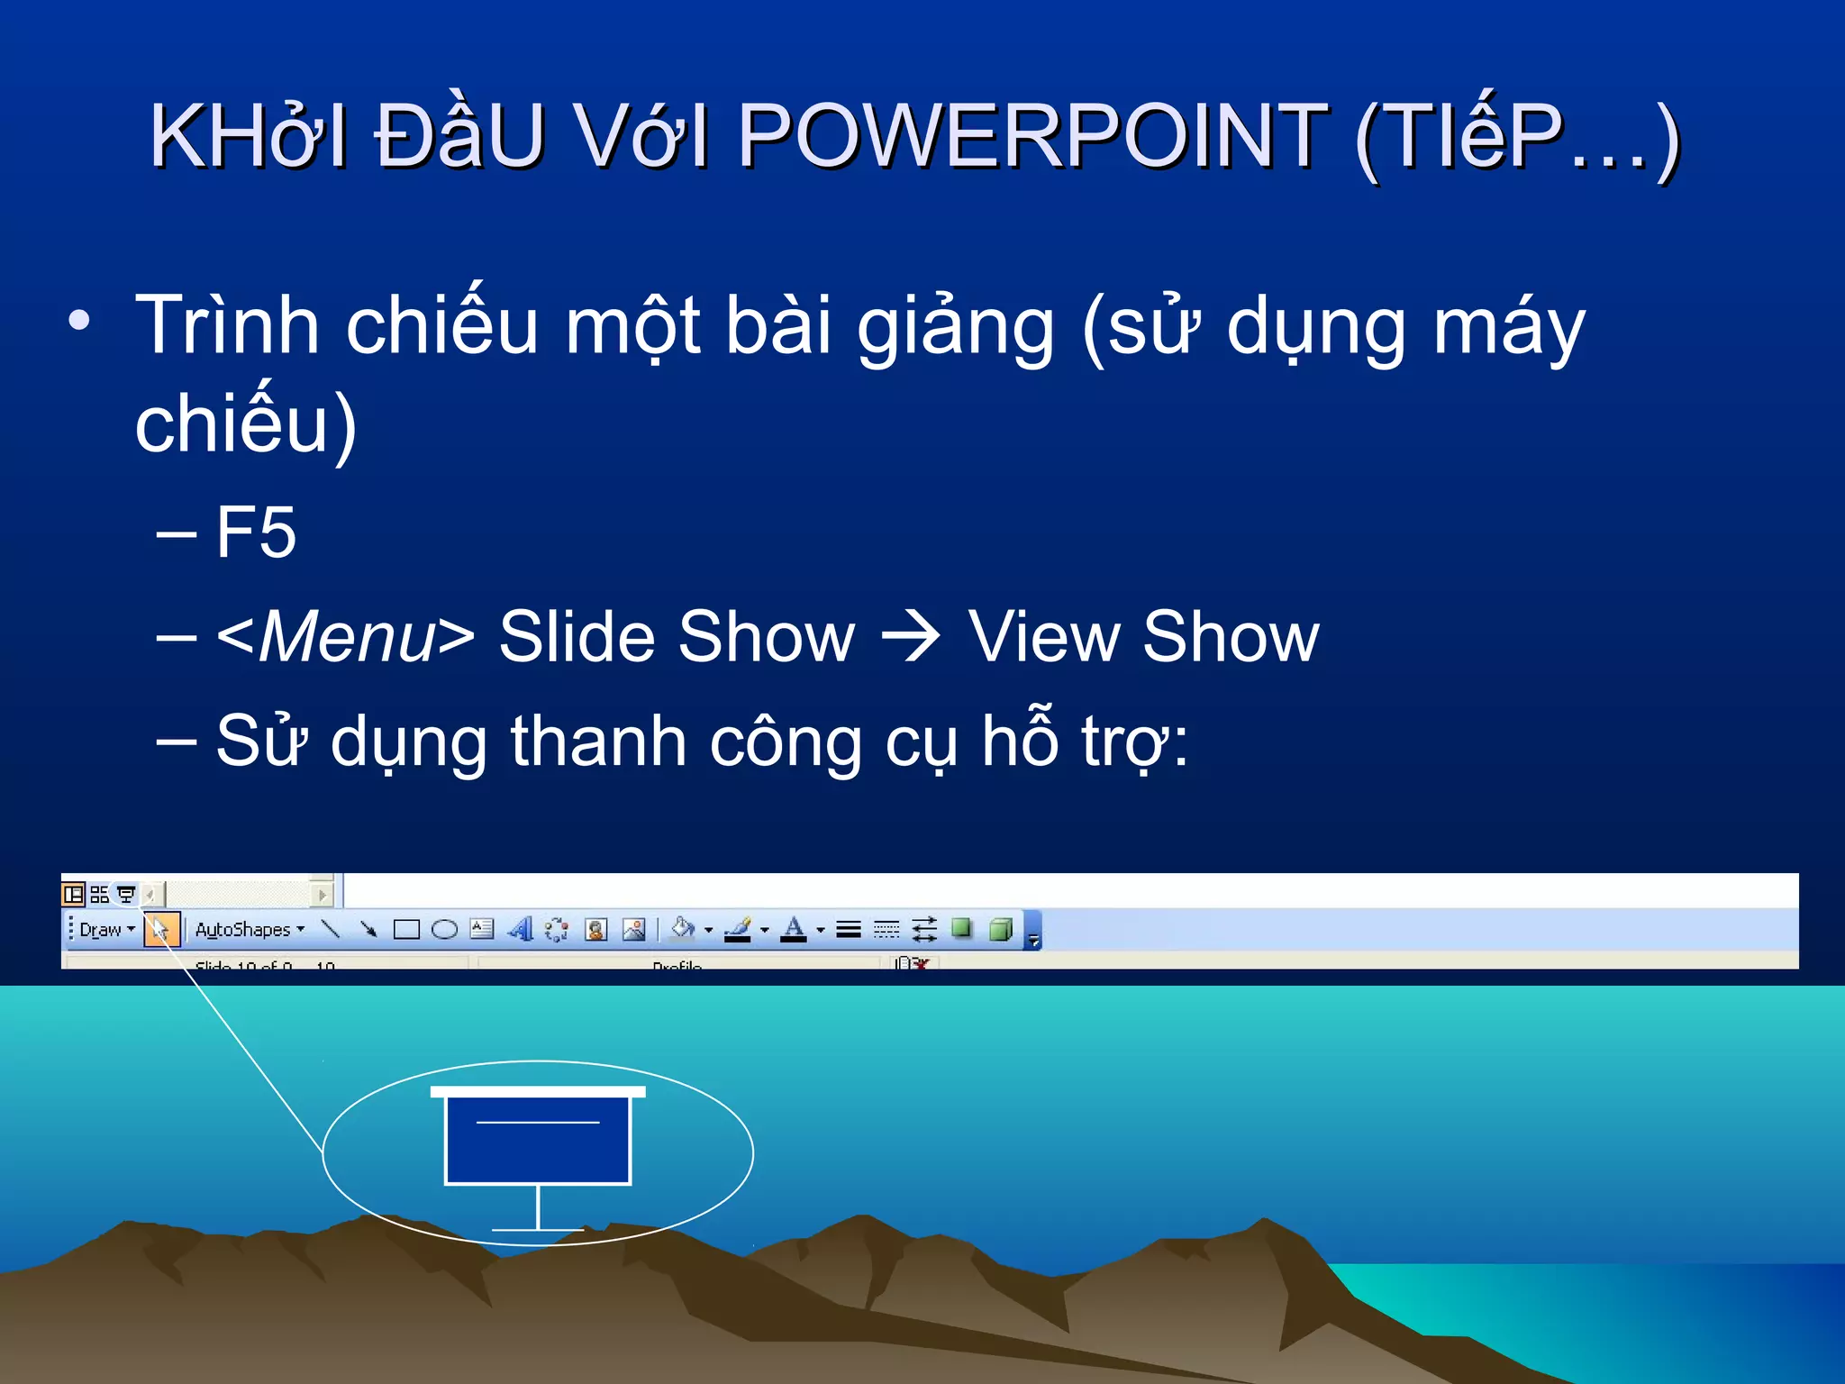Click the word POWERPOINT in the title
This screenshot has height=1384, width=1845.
click(1032, 137)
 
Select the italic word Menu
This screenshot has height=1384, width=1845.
click(348, 638)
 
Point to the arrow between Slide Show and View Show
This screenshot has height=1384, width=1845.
click(911, 638)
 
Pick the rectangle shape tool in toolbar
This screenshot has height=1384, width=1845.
click(406, 930)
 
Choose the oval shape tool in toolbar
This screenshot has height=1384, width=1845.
click(444, 930)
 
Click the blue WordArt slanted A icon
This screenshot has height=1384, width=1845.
click(521, 929)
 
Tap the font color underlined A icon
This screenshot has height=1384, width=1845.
click(794, 929)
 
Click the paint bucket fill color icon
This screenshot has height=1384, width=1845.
click(683, 929)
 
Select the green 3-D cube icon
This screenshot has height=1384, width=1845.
click(1001, 929)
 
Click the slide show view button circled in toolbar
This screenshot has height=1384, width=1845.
click(126, 894)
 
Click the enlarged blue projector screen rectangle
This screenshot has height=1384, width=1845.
click(538, 1141)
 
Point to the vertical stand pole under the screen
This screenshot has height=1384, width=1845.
click(538, 1207)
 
